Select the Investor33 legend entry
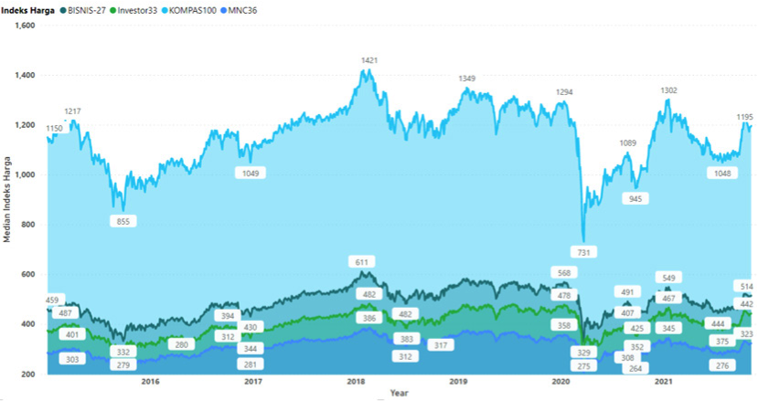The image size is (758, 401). tap(135, 11)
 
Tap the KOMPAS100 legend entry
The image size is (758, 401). tap(191, 11)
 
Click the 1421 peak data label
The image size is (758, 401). tap(369, 60)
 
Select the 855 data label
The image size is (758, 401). tap(123, 221)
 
